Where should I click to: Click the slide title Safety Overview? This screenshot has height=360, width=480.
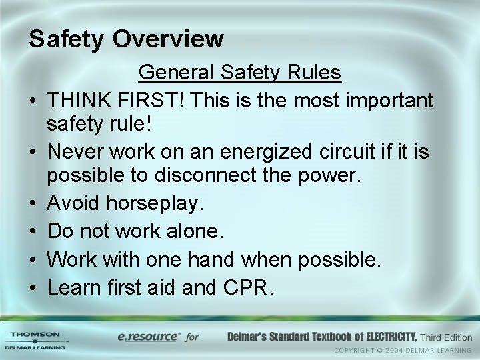(126, 39)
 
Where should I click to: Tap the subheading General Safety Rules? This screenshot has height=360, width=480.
(239, 73)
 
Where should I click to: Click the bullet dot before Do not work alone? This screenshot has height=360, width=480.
(32, 232)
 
